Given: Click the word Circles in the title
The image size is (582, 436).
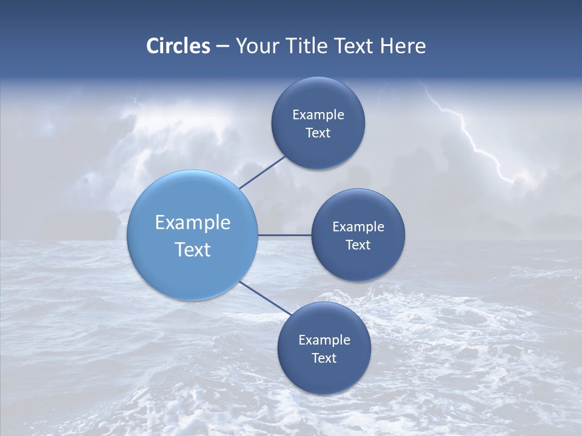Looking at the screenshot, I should coord(178,46).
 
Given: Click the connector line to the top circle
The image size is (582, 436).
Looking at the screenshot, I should coord(262,172).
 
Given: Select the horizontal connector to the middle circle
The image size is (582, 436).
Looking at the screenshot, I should coord(284,235).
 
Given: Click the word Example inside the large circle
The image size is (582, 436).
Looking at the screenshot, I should coord(193,223).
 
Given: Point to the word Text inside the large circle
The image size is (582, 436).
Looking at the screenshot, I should coord(193,249).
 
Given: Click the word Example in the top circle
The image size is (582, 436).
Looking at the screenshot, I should coord(318,114).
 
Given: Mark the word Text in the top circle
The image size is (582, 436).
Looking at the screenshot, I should coord(318,133).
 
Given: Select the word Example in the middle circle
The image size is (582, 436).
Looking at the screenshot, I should coord(358,226).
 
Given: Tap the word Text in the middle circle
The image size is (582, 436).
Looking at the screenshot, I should coord(358,245).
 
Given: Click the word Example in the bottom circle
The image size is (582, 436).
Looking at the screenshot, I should coord(324,340).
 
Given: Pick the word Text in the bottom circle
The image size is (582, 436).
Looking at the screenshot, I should coord(324,358).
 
